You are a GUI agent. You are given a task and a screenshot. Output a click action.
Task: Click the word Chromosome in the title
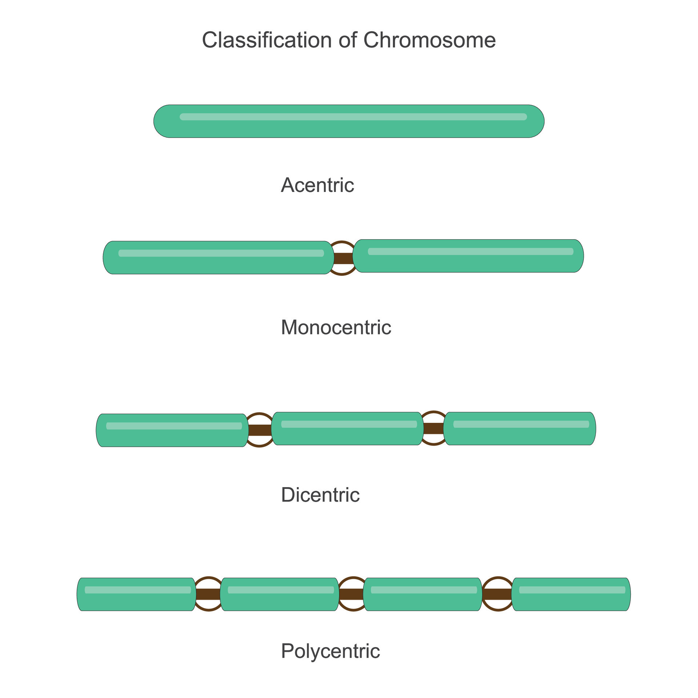coord(429,40)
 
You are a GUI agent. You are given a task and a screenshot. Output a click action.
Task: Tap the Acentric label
coord(317,185)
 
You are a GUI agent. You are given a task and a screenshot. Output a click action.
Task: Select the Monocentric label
coord(336,327)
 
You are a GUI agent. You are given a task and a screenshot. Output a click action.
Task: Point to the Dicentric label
coord(320,495)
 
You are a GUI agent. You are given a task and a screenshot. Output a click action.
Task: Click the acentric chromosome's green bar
coord(349,121)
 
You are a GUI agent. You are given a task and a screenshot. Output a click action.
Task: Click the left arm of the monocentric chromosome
coord(218,257)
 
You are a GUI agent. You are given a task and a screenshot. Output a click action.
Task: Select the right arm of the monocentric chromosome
coord(468,256)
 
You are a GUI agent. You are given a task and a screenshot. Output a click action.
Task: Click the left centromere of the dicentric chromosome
coord(260,430)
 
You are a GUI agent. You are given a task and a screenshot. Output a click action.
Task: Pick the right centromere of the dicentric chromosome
coord(433,428)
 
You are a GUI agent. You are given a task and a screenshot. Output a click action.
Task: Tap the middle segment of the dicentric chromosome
coord(348,428)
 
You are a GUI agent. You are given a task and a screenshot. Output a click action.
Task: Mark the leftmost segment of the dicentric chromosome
coord(172,430)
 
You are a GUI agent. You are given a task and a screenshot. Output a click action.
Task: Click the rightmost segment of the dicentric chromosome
coord(520,428)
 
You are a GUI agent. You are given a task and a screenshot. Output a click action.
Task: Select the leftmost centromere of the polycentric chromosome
coord(208,594)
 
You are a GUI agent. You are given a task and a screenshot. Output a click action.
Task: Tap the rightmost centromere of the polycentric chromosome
coord(498,594)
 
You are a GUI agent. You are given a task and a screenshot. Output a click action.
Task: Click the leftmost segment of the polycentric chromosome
coord(136,594)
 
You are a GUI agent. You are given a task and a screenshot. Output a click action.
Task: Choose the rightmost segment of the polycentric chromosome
coord(571,594)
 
